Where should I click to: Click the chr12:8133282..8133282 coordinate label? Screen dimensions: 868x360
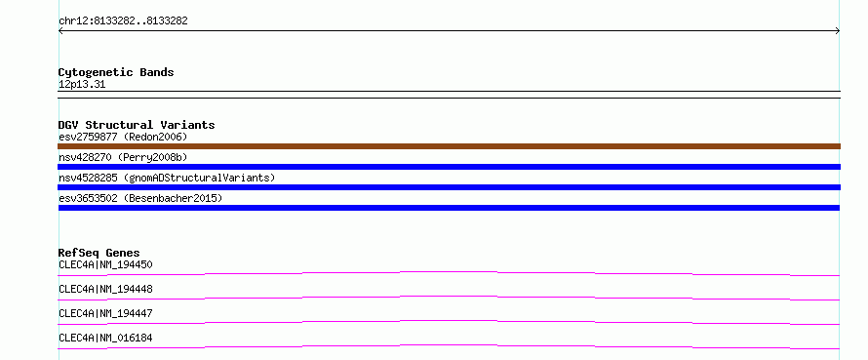[123, 21]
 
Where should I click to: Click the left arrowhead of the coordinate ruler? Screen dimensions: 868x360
[59, 31]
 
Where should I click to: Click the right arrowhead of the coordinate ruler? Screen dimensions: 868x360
[838, 31]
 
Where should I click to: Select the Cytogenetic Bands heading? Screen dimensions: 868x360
[116, 72]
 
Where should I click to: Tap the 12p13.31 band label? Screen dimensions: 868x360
[82, 85]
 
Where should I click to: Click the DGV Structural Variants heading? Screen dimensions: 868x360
[137, 125]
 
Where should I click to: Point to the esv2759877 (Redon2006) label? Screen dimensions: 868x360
[123, 137]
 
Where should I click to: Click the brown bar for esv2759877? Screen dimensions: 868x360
[449, 146]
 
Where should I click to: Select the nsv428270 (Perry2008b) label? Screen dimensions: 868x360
[123, 157]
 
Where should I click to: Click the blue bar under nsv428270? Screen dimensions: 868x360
[449, 167]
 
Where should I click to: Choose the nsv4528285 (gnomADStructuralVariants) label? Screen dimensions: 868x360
[167, 178]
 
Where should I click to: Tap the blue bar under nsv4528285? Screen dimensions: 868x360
[449, 187]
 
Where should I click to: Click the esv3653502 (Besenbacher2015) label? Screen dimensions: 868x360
[140, 198]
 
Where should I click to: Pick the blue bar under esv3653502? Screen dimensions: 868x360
[449, 208]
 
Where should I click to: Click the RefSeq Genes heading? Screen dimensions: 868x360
[99, 253]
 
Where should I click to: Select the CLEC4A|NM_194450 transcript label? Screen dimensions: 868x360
[105, 264]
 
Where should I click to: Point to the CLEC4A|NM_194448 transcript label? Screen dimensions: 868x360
[105, 289]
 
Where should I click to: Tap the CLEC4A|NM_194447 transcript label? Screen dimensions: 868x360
[105, 313]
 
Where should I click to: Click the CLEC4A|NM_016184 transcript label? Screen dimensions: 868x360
[105, 338]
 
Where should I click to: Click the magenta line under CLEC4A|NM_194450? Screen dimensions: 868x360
[449, 272]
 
